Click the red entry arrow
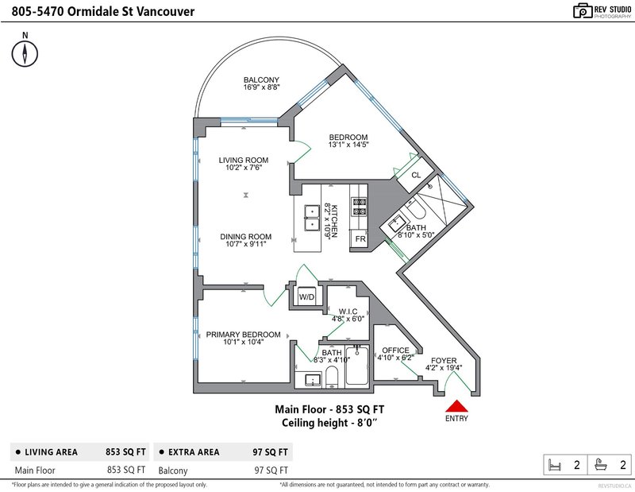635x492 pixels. tap(457, 406)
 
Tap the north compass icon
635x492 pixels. tap(25, 53)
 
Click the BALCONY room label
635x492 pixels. tap(261, 80)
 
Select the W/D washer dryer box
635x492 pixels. tap(306, 296)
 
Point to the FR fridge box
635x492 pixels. tap(360, 238)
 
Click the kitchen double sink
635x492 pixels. tap(312, 218)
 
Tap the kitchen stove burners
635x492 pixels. tap(359, 206)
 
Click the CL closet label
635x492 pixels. tap(416, 175)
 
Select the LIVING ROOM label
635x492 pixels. tap(244, 161)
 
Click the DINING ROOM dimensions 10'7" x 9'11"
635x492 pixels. tap(246, 244)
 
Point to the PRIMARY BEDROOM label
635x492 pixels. tap(243, 335)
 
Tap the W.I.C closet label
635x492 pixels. tap(348, 312)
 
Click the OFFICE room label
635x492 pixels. tap(395, 350)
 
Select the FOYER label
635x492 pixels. tap(444, 361)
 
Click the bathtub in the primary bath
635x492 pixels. tap(356, 366)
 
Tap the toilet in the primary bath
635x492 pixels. tap(332, 377)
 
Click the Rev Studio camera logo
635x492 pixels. tap(583, 11)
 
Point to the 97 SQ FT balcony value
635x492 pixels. tap(271, 471)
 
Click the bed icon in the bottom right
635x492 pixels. tap(554, 465)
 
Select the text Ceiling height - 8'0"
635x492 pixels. tap(329, 423)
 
